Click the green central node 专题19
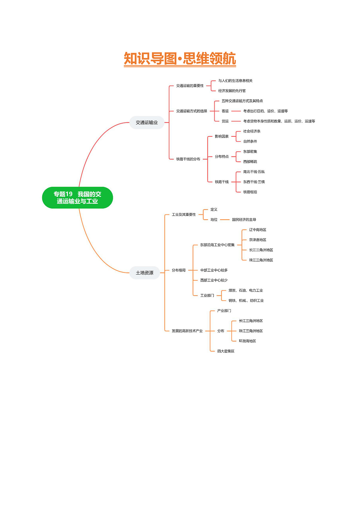[x=77, y=197]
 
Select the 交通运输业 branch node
[x=147, y=122]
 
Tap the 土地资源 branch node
[x=145, y=273]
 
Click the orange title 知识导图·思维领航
[x=180, y=58]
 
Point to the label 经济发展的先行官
[x=232, y=91]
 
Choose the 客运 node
[x=225, y=111]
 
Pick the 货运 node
[x=225, y=121]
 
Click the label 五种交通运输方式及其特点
[x=242, y=101]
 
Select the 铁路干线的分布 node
[x=188, y=159]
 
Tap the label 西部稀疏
[x=250, y=162]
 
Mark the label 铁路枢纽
[x=250, y=192]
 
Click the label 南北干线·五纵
[x=254, y=172]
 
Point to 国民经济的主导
[x=244, y=220]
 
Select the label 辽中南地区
[x=257, y=230]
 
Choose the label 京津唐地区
[x=257, y=240]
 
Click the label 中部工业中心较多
[x=214, y=270]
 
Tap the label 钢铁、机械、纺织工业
[x=246, y=301]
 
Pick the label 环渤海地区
[x=247, y=341]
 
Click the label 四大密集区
[x=226, y=351]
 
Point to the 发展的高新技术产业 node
[x=187, y=331]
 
